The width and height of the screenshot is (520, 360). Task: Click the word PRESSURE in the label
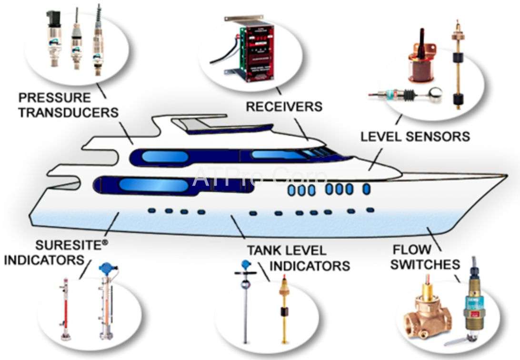tap(54, 98)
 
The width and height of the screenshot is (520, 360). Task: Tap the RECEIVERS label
tap(284, 106)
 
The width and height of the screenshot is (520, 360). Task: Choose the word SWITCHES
tap(426, 264)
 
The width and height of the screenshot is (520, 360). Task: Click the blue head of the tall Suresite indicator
tap(105, 269)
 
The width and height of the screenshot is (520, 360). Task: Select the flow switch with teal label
tap(471, 305)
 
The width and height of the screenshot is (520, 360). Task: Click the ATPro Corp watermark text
tap(260, 177)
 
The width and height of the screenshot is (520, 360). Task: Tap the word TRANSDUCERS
tap(69, 112)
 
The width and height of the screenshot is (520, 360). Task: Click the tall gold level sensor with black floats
tap(457, 67)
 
